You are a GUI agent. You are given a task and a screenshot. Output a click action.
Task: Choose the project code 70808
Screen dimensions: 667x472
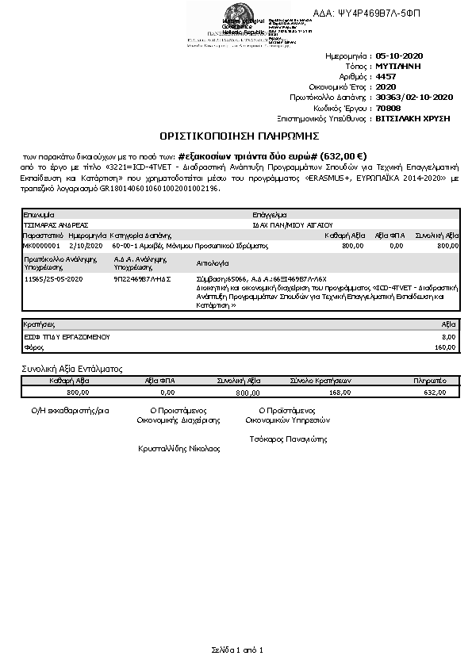click(388, 107)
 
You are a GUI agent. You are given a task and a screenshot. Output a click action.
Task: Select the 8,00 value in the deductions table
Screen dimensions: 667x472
click(448, 337)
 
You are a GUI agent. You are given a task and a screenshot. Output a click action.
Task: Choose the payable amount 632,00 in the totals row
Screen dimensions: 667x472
click(436, 392)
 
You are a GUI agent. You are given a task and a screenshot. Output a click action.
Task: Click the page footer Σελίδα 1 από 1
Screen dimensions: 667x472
click(236, 650)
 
